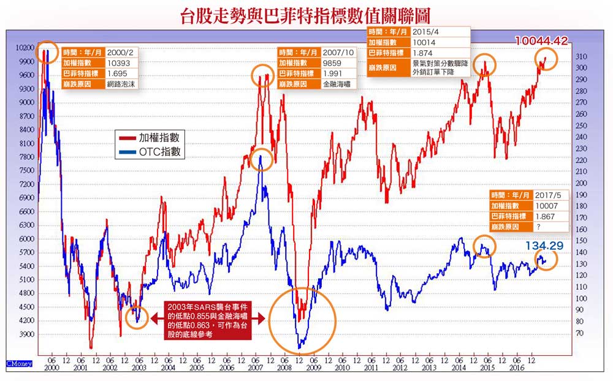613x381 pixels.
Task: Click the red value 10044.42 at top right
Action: coord(541,41)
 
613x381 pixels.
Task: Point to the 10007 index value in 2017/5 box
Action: coord(547,206)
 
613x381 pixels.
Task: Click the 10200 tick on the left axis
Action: coord(25,48)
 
